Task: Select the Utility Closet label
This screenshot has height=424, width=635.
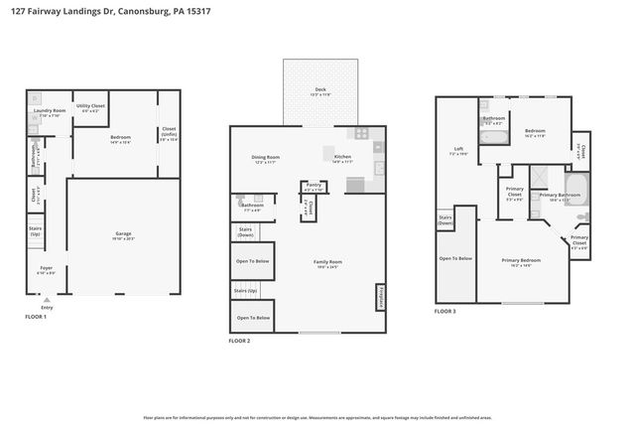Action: pos(94,105)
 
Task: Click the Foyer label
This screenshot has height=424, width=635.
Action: pos(47,269)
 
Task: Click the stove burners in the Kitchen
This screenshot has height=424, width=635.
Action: pos(363,133)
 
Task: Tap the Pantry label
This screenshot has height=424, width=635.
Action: pos(314,185)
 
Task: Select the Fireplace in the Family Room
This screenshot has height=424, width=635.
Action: pos(379,297)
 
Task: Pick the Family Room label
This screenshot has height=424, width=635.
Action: pos(327,264)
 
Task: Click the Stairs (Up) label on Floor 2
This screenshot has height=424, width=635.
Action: pos(245,290)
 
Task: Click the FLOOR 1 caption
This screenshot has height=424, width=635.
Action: pos(36,316)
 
